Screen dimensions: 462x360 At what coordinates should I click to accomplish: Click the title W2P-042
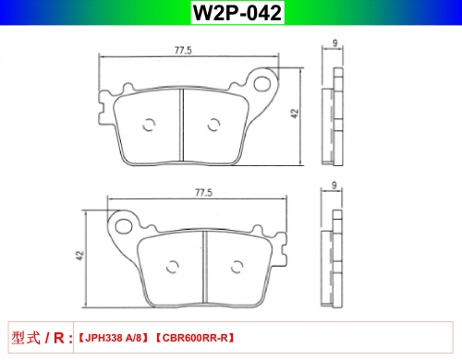point(237,13)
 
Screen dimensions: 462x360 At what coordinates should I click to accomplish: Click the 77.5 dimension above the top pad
point(183,50)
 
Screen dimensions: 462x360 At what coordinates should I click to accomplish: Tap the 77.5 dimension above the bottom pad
point(203,193)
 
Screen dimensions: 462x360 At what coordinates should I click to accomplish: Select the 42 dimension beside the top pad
point(295,114)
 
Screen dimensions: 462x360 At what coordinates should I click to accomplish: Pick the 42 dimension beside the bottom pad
point(79,256)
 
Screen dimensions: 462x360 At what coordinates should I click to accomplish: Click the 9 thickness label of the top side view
point(334,43)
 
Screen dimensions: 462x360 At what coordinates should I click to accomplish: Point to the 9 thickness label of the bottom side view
point(334,186)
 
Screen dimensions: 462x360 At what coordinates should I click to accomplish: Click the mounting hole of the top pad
point(261,83)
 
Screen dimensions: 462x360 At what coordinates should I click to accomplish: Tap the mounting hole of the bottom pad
point(124,226)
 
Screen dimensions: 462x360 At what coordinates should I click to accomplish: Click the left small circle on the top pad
point(149,125)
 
